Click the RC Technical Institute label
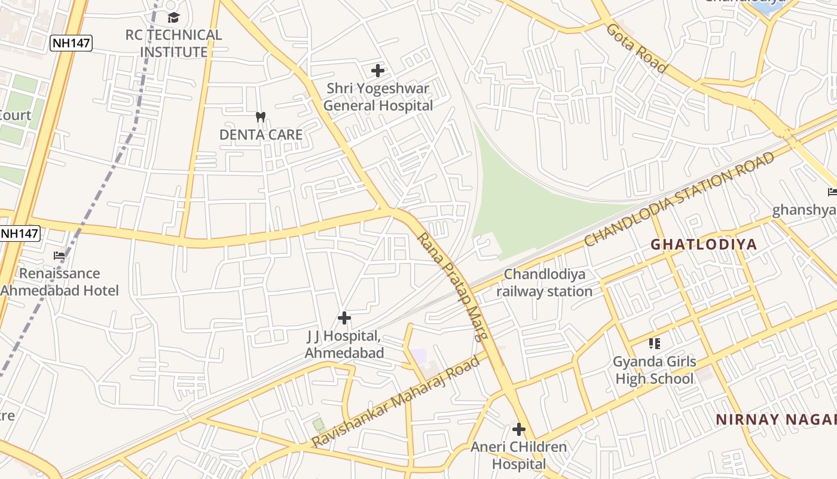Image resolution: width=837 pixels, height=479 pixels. [173, 44]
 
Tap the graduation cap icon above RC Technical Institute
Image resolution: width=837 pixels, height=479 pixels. [173, 17]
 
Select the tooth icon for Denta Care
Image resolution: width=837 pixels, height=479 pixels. [260, 117]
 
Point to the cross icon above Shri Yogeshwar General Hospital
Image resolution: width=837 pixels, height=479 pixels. [378, 71]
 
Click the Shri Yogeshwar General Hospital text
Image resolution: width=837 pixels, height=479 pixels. [378, 98]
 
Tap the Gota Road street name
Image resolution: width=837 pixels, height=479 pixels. [637, 48]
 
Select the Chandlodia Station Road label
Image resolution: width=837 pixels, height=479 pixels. [679, 199]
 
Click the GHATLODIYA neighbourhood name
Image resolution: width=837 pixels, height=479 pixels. [704, 244]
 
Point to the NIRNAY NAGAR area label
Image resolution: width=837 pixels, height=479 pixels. [775, 420]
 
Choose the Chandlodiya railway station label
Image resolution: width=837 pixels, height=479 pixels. [545, 283]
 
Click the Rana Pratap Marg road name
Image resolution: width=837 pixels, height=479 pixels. [453, 286]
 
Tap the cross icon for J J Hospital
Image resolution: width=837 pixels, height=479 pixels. [344, 318]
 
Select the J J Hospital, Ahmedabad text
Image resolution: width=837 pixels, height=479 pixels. [344, 345]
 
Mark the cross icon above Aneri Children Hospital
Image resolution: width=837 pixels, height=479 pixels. [519, 429]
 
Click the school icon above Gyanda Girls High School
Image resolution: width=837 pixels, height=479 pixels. [655, 344]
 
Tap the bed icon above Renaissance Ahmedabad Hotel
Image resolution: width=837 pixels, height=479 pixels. [59, 255]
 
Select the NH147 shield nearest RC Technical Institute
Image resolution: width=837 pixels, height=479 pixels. [71, 43]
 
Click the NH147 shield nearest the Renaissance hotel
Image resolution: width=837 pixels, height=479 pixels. [19, 234]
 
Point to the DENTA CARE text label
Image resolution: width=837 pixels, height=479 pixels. [261, 135]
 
